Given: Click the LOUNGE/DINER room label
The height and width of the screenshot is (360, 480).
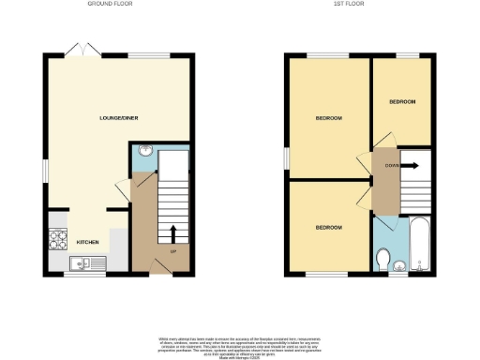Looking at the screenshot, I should pos(119,118).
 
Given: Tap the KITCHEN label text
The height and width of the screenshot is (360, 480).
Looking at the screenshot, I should pos(87,241).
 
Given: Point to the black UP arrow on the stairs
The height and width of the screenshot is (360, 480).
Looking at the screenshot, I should pos(172,232).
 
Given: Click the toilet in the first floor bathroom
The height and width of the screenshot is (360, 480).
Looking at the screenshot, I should pos(383,257).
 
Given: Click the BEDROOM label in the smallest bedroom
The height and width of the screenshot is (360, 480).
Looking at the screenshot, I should pos(402,101).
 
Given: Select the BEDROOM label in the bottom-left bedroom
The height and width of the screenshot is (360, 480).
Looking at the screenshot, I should pos(328,228).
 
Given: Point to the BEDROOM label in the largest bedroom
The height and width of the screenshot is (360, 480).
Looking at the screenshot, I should pos(328,118).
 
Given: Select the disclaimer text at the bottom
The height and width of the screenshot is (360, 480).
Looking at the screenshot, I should pos(241,343).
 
